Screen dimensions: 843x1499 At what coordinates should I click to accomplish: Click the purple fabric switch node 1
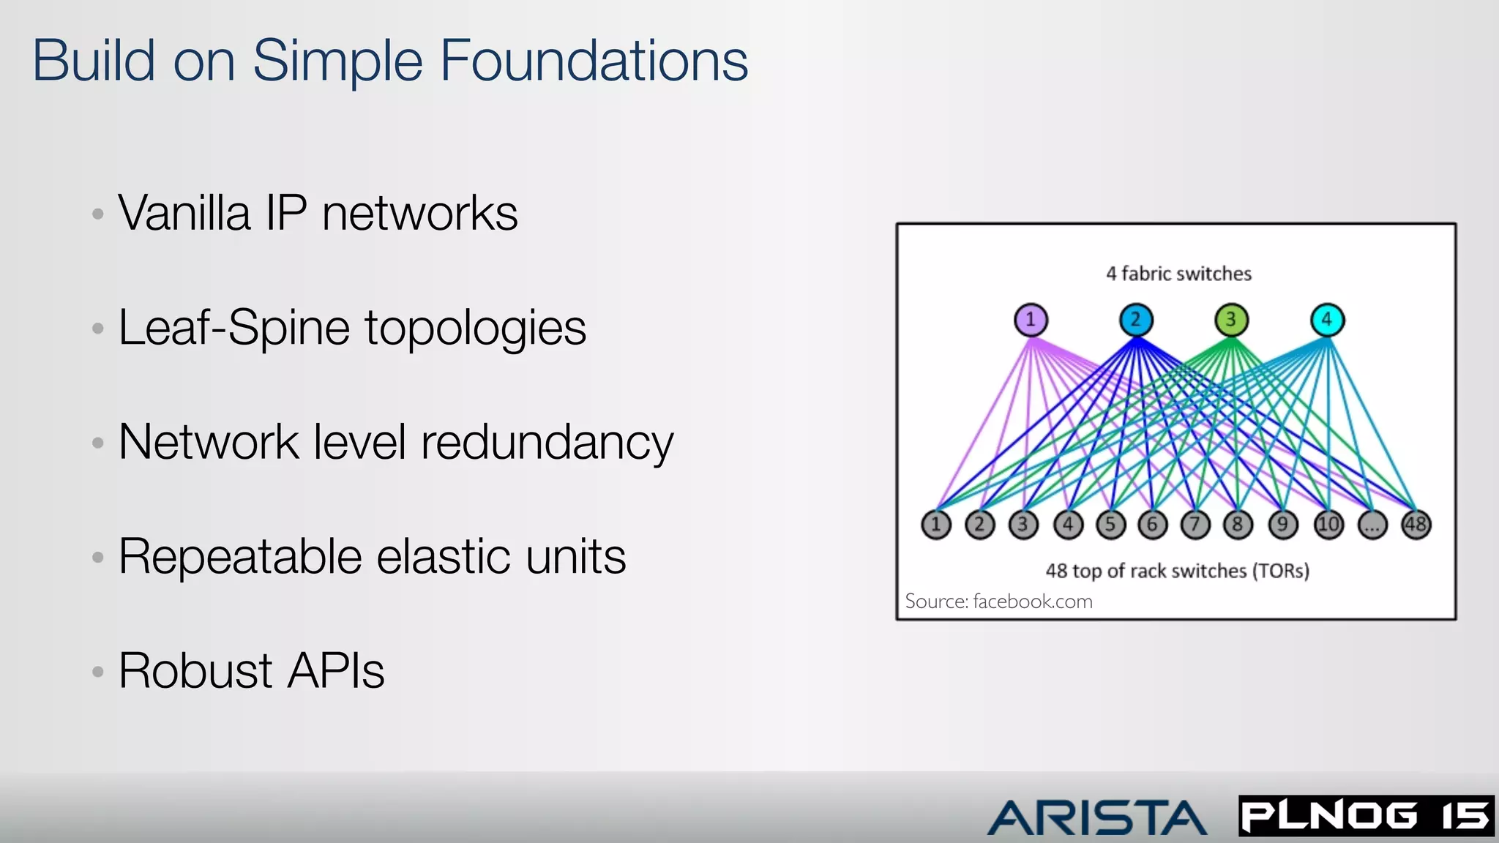pos(1031,320)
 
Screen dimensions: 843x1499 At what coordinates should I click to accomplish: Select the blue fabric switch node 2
pos(1136,320)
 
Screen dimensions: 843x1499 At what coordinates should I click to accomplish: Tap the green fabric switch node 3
pos(1231,320)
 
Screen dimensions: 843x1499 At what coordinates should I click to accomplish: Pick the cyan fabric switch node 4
pos(1327,320)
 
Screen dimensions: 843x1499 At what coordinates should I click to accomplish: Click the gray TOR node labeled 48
pos(1416,525)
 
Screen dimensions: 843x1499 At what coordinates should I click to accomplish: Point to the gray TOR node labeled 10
pos(1328,525)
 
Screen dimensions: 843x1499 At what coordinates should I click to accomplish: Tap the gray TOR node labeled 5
pos(1110,525)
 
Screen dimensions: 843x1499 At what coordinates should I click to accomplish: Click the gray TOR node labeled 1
pos(936,525)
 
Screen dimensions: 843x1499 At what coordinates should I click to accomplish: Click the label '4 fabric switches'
pos(1178,274)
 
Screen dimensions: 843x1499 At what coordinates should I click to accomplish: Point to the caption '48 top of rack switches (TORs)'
pos(1177,571)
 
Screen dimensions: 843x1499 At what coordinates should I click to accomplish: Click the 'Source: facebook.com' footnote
pos(998,602)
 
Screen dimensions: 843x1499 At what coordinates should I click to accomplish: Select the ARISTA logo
pos(1096,817)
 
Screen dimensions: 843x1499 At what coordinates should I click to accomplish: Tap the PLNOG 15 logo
pos(1366,816)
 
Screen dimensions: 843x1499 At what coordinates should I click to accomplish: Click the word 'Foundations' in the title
pos(594,61)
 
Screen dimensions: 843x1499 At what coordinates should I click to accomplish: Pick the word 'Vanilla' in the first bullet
pos(184,213)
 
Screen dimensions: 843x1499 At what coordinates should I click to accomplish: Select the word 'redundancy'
pos(547,443)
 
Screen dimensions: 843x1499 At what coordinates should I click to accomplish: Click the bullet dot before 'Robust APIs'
pos(98,671)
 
